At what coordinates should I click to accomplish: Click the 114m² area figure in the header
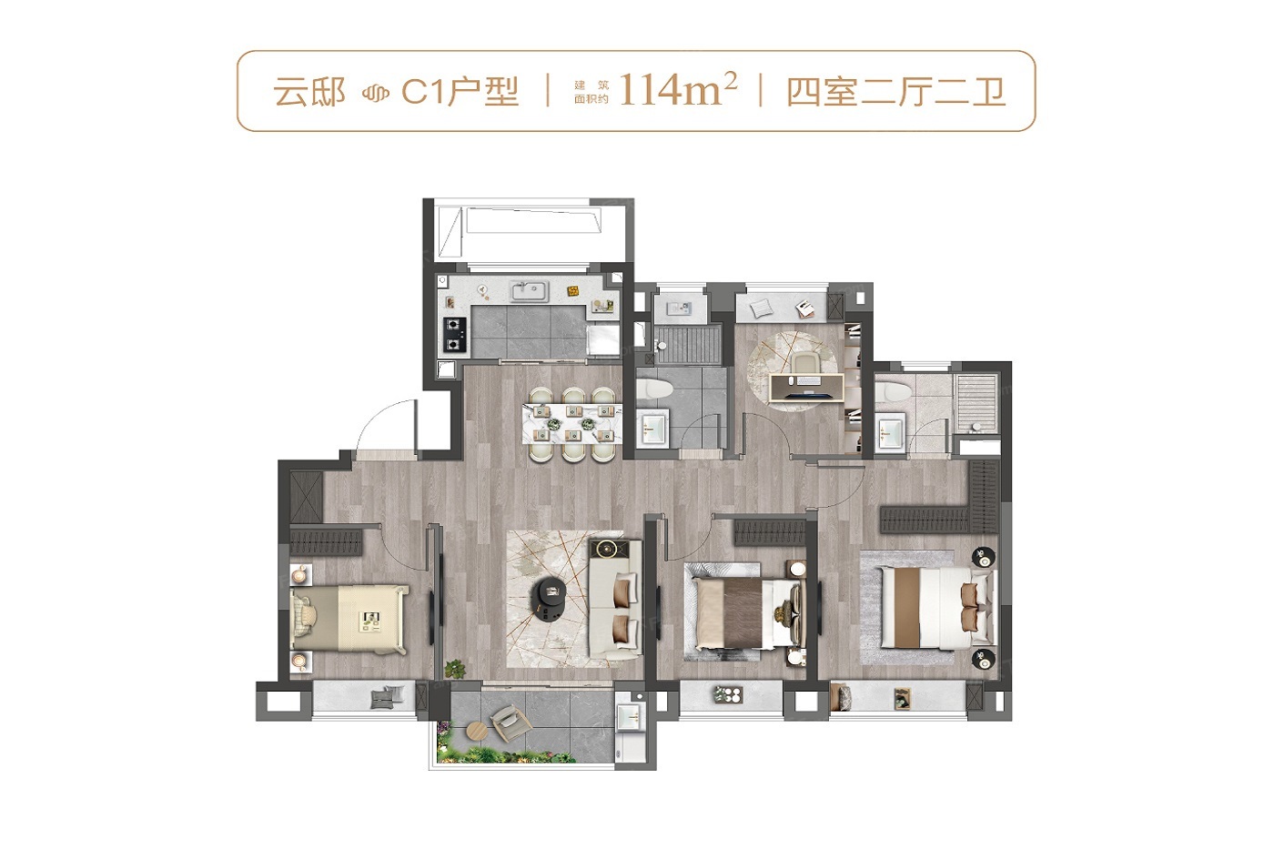click(x=678, y=89)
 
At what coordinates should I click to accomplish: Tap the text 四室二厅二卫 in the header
click(x=895, y=92)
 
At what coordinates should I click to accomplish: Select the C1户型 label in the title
click(x=460, y=92)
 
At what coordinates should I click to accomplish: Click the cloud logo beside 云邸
click(x=375, y=93)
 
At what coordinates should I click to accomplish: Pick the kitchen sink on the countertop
click(x=530, y=292)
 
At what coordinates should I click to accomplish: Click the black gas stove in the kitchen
click(x=454, y=334)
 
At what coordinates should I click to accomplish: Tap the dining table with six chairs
click(x=572, y=424)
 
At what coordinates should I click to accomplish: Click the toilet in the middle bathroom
click(x=653, y=389)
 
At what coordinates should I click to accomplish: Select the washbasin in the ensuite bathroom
click(x=890, y=431)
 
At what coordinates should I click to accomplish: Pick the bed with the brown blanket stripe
click(x=748, y=613)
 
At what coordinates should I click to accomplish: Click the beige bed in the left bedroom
click(x=349, y=618)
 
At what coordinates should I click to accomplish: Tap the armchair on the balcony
click(x=511, y=723)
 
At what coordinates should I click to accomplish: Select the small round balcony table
click(x=478, y=732)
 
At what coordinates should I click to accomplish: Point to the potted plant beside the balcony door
click(x=454, y=669)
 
